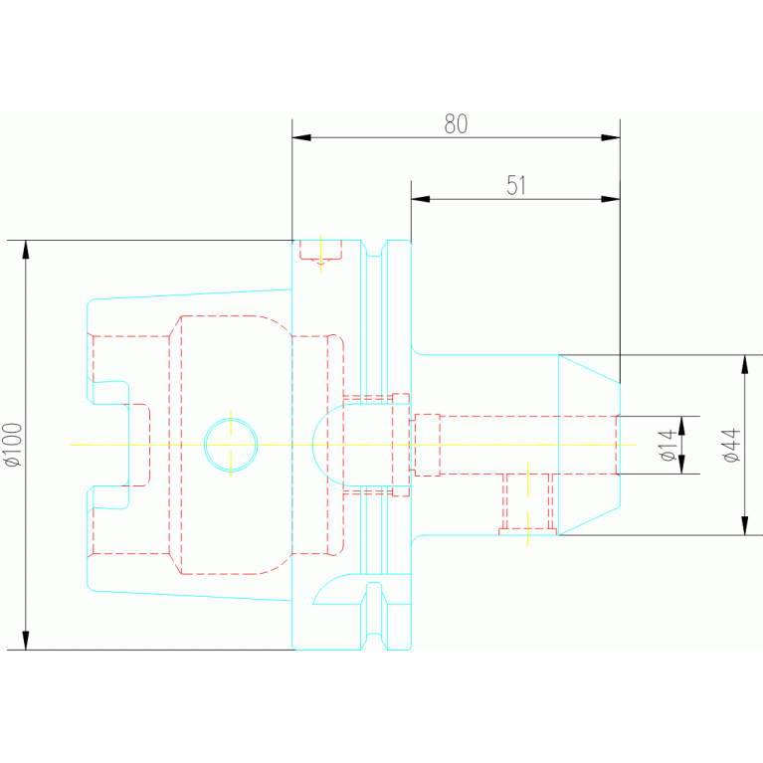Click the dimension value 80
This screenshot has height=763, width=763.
pyautogui.click(x=456, y=124)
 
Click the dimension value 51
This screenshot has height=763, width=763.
pyautogui.click(x=516, y=185)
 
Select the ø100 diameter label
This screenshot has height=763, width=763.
pyautogui.click(x=14, y=445)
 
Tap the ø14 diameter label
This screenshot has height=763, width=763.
pyautogui.click(x=668, y=445)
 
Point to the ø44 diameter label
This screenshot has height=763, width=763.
pyautogui.click(x=731, y=445)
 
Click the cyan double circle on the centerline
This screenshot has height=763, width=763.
pyautogui.click(x=231, y=445)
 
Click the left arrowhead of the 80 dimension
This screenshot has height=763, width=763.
pyautogui.click(x=301, y=137)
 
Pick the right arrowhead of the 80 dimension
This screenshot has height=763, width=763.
pyautogui.click(x=611, y=137)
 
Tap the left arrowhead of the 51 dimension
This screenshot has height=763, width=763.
pyautogui.click(x=421, y=199)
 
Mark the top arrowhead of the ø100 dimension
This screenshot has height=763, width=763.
pyautogui.click(x=26, y=250)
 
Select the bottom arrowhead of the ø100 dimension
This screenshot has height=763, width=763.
pyautogui.click(x=26, y=641)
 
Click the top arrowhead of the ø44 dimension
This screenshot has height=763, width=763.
pyautogui.click(x=744, y=364)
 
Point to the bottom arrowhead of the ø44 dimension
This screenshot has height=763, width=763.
pyautogui.click(x=744, y=525)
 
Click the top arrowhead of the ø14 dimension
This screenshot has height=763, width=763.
pyautogui.click(x=681, y=426)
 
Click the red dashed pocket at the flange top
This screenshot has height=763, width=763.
pyautogui.click(x=320, y=251)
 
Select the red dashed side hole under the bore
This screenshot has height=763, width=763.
pyautogui.click(x=528, y=502)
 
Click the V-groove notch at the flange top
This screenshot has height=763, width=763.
pyautogui.click(x=374, y=248)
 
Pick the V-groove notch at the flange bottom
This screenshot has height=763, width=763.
pyautogui.click(x=374, y=642)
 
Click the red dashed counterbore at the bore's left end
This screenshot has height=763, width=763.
pyautogui.click(x=427, y=445)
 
